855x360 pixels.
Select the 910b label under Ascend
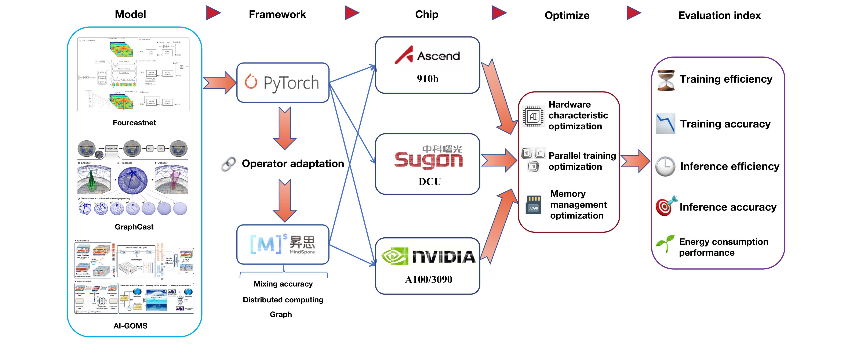[427, 79]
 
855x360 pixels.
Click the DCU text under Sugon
[429, 182]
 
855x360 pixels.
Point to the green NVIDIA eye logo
[394, 256]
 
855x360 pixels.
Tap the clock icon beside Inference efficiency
[665, 166]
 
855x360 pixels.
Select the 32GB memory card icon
[533, 205]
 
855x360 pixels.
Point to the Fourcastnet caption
[134, 123]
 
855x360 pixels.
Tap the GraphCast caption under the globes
[134, 227]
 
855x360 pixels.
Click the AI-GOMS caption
[130, 326]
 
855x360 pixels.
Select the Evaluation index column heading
[719, 15]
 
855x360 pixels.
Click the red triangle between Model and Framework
[213, 13]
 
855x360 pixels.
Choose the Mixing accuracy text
[283, 284]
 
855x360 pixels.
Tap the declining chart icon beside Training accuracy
[665, 123]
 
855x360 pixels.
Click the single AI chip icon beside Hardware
[533, 116]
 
